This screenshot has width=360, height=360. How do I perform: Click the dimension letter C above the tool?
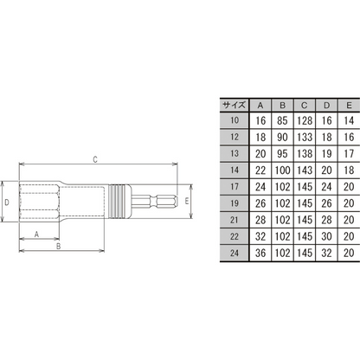click(x=95, y=159)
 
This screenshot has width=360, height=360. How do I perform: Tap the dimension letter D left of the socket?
click(x=7, y=202)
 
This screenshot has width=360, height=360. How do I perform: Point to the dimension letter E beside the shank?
click(x=187, y=201)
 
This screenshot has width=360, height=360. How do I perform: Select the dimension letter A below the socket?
click(x=36, y=235)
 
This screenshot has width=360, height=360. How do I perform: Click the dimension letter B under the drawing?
click(x=58, y=247)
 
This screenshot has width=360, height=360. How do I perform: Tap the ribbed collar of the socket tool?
click(x=119, y=202)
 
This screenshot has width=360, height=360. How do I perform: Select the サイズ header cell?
click(x=235, y=105)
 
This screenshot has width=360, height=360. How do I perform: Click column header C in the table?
click(x=305, y=106)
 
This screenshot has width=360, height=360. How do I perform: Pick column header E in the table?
click(x=349, y=106)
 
